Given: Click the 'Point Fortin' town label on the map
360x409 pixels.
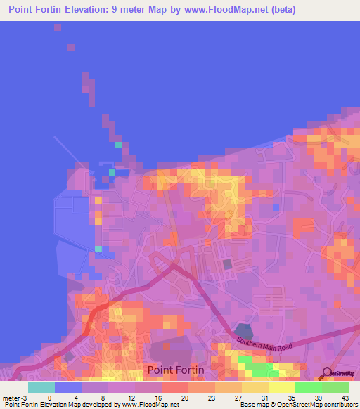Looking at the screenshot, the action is coord(175,370).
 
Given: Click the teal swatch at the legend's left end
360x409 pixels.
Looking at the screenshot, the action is coord(41,387).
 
